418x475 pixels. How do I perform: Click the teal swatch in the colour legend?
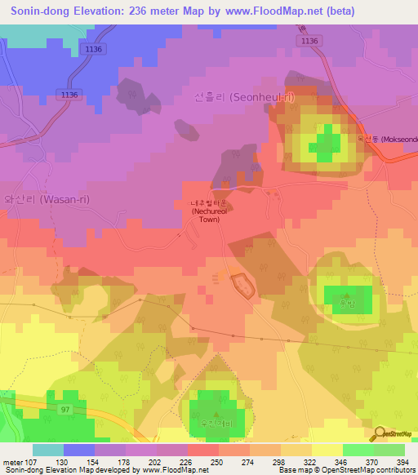click(x=47, y=450)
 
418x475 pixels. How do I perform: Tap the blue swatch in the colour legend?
click(x=78, y=450)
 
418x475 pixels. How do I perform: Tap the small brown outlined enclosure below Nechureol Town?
click(x=242, y=285)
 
